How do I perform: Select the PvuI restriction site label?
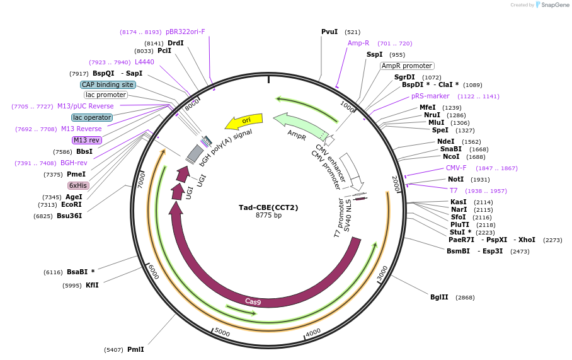click(329, 32)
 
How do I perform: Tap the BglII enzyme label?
click(440, 297)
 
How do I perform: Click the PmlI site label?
click(135, 349)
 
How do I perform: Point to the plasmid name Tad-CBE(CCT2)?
click(268, 207)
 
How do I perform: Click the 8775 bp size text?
click(268, 216)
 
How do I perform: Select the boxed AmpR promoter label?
click(407, 66)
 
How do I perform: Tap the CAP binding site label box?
click(108, 84)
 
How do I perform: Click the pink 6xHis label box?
click(79, 185)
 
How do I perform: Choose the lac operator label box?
click(92, 117)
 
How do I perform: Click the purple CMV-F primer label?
click(456, 168)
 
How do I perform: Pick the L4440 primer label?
click(144, 62)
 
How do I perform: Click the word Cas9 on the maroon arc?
click(253, 301)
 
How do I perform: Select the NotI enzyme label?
click(455, 180)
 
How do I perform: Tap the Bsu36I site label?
click(69, 216)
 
